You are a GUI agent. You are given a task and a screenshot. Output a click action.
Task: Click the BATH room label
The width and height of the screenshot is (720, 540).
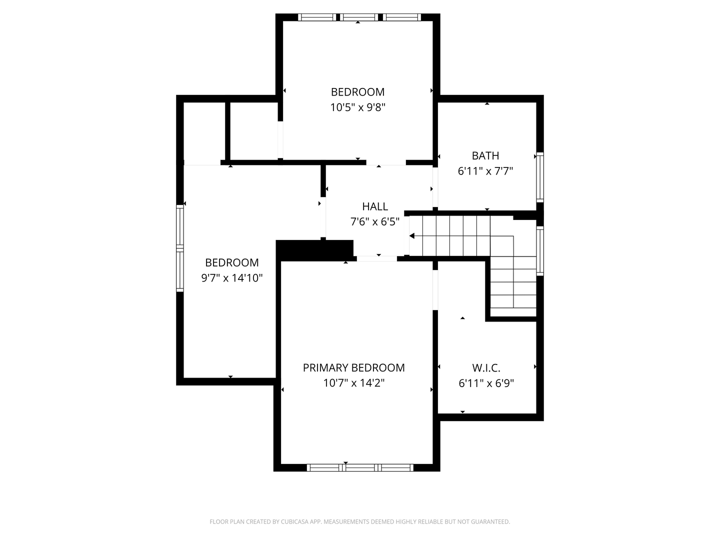pyautogui.click(x=485, y=155)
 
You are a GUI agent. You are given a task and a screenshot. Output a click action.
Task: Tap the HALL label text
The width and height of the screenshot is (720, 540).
pyautogui.click(x=375, y=206)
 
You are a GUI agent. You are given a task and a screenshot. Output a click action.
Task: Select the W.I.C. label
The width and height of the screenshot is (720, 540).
pyautogui.click(x=486, y=368)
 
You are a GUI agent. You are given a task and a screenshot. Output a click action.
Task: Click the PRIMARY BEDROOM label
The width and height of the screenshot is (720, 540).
pyautogui.click(x=353, y=368)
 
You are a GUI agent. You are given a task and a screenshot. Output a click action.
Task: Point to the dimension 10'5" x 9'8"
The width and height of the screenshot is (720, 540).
pyautogui.click(x=357, y=107)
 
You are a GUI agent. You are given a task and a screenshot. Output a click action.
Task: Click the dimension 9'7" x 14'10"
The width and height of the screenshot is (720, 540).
pyautogui.click(x=232, y=278)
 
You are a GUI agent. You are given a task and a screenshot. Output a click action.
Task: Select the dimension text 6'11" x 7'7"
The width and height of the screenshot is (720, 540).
pyautogui.click(x=485, y=171)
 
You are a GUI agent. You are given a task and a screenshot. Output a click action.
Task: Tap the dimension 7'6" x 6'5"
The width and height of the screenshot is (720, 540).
pyautogui.click(x=375, y=222)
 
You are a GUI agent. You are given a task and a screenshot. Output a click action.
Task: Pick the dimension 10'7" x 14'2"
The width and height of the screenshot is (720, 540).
pyautogui.click(x=353, y=383)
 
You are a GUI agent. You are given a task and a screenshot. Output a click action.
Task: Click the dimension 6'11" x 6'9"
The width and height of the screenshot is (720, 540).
pyautogui.click(x=486, y=383)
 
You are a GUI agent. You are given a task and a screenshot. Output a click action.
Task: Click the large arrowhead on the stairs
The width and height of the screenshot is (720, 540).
pyautogui.click(x=412, y=236)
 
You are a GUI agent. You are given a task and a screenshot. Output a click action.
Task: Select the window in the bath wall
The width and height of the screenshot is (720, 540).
pyautogui.click(x=540, y=177)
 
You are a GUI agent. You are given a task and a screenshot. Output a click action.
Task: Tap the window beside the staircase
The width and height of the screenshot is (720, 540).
pyautogui.click(x=540, y=251)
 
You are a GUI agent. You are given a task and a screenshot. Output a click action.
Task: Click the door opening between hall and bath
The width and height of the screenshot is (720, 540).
pyautogui.click(x=435, y=187)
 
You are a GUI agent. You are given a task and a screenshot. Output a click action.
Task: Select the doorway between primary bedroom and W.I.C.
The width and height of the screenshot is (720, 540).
pyautogui.click(x=435, y=290)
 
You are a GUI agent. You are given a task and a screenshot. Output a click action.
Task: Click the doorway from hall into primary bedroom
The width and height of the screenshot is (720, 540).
pyautogui.click(x=377, y=258)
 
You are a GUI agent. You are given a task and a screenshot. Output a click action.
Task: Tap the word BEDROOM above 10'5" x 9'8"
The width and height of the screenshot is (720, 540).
pyautogui.click(x=357, y=92)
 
